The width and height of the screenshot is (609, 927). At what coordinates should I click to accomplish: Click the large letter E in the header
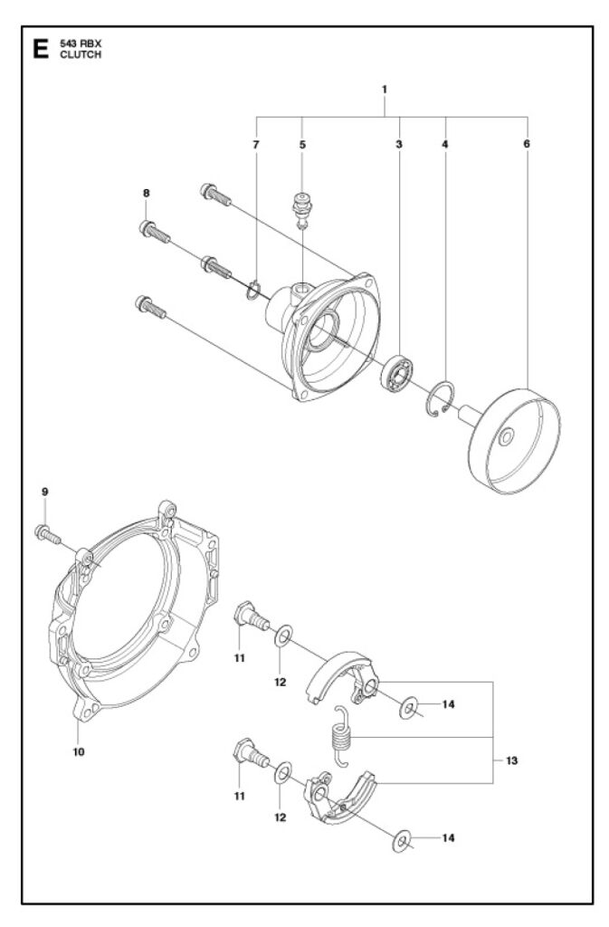(x=39, y=49)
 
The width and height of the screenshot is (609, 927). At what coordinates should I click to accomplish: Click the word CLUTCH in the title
(x=79, y=54)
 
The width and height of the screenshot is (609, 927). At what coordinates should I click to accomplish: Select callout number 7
(x=256, y=144)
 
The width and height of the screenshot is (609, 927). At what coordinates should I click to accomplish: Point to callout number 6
(x=527, y=144)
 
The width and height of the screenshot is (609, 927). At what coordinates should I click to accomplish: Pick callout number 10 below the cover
(x=79, y=751)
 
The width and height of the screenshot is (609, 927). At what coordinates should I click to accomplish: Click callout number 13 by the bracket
(x=511, y=760)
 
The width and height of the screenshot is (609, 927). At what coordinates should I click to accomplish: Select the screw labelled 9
(x=48, y=535)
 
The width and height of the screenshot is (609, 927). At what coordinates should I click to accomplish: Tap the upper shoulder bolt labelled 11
(x=251, y=617)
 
